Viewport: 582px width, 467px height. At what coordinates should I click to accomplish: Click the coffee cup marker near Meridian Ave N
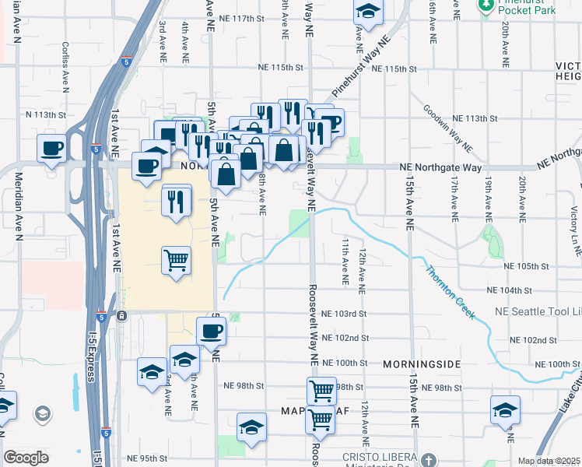click(x=52, y=148)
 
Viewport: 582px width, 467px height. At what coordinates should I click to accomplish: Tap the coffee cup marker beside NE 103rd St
click(x=211, y=332)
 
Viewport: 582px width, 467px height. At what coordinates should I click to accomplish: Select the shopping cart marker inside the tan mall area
click(x=177, y=260)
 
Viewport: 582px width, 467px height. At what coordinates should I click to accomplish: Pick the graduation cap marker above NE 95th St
click(x=251, y=427)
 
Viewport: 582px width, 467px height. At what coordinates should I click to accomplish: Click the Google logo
click(x=26, y=458)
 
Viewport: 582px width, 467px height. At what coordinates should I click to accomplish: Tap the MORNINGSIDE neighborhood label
click(x=422, y=364)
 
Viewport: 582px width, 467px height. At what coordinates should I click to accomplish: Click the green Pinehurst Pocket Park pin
click(x=486, y=5)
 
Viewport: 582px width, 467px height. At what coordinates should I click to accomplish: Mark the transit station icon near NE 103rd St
click(x=122, y=316)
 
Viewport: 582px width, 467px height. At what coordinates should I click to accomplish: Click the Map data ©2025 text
click(x=549, y=461)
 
